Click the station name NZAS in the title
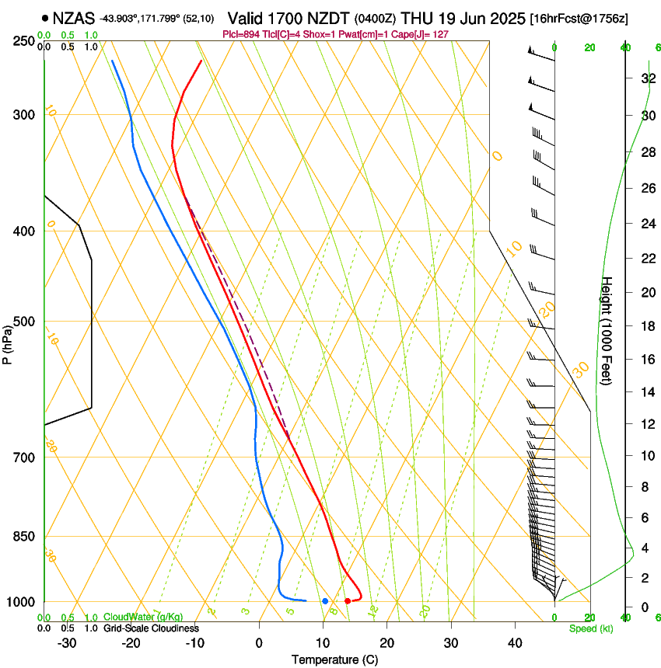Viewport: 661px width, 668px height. (x=74, y=18)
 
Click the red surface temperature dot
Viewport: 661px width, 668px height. (x=348, y=601)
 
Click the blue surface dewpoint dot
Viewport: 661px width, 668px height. (x=325, y=601)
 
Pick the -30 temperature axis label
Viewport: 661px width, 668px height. (x=67, y=643)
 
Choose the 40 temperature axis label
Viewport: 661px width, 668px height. (x=515, y=643)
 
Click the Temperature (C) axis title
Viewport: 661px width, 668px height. (x=334, y=660)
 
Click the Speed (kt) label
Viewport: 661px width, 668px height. (x=586, y=628)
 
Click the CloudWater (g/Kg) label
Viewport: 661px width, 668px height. (x=143, y=618)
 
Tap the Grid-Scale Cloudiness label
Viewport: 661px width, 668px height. (x=151, y=628)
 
